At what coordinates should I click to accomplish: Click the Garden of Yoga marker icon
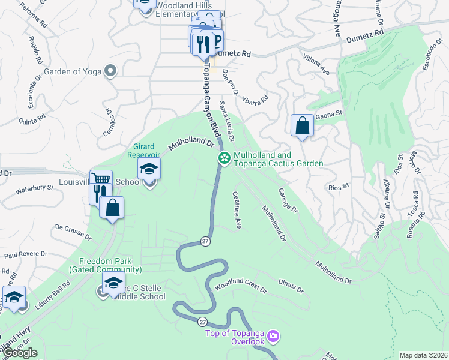click(110, 71)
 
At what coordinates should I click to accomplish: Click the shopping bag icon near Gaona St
click(303, 125)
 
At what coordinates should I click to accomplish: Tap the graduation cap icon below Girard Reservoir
click(149, 169)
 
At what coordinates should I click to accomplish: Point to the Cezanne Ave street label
click(237, 210)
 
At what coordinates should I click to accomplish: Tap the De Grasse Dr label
click(73, 232)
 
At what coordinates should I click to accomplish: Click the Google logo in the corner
click(20, 353)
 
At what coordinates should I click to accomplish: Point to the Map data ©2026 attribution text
click(423, 355)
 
